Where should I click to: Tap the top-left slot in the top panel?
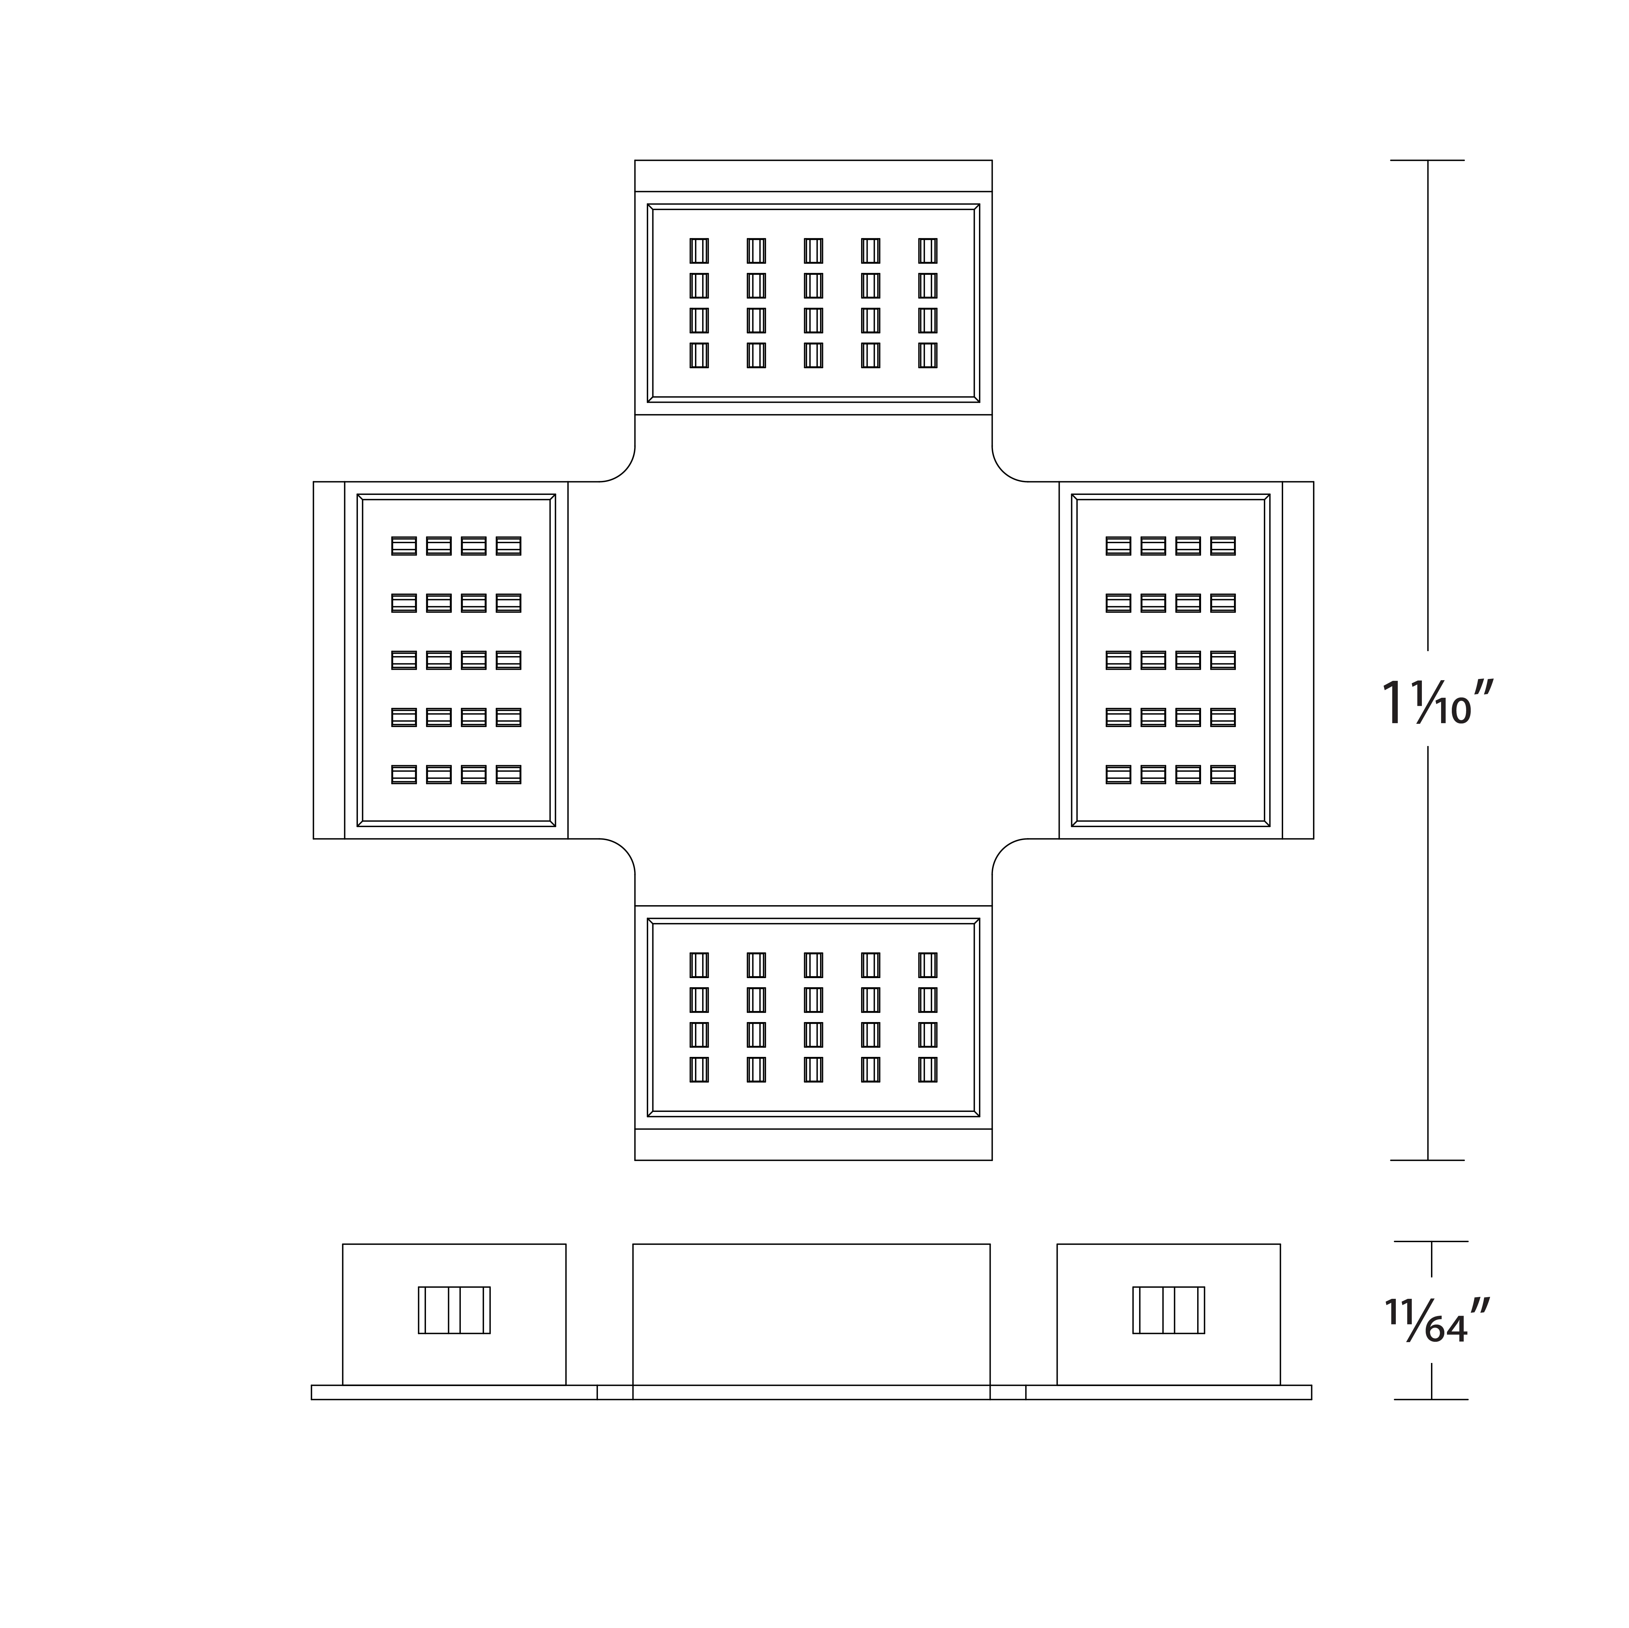click(x=699, y=250)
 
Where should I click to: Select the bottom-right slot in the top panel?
click(x=928, y=355)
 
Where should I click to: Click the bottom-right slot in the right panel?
click(x=1223, y=774)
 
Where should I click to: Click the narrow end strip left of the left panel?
click(x=329, y=660)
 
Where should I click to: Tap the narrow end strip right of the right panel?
click(x=1298, y=660)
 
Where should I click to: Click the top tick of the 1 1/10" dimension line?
click(x=1427, y=160)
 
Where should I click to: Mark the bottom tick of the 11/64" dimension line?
click(x=1431, y=1399)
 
